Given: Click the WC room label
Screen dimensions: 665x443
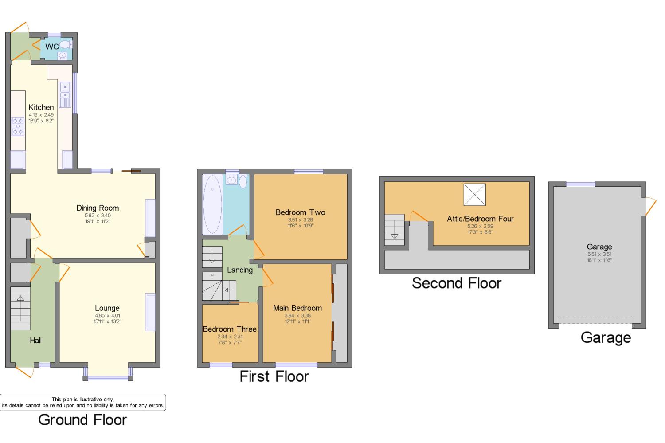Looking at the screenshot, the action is pyautogui.click(x=52, y=47).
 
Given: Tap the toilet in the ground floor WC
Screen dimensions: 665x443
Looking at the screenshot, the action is pyautogui.click(x=66, y=45).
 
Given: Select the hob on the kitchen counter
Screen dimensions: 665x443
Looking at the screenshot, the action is pyautogui.click(x=18, y=126).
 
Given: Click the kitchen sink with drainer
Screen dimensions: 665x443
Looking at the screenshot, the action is pyautogui.click(x=65, y=94).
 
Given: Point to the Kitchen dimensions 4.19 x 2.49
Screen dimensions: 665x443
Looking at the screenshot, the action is pyautogui.click(x=41, y=114).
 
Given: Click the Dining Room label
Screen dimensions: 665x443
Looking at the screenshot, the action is pyautogui.click(x=98, y=208).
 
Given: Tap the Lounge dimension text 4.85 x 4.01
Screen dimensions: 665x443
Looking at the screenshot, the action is pyautogui.click(x=107, y=315).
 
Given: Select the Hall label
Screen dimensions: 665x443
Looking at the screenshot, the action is pyautogui.click(x=35, y=341).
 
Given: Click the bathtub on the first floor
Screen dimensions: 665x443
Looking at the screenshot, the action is pyautogui.click(x=212, y=204).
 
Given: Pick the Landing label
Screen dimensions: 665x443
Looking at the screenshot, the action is pyautogui.click(x=240, y=270).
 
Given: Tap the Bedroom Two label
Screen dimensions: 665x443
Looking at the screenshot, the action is pyautogui.click(x=301, y=212).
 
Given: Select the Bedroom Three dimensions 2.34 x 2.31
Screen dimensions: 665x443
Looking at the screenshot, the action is pyautogui.click(x=230, y=337).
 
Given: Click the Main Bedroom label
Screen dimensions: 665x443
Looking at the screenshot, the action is pyautogui.click(x=297, y=308).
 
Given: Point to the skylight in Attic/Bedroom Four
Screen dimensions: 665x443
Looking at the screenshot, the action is pyautogui.click(x=475, y=195).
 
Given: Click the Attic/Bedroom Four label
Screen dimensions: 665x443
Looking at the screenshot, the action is pyautogui.click(x=480, y=219).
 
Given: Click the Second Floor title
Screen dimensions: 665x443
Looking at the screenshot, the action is pyautogui.click(x=457, y=283).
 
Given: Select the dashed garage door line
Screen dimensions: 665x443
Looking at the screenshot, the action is pyautogui.click(x=595, y=319).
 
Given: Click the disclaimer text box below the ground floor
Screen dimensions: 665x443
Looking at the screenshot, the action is pyautogui.click(x=83, y=402).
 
